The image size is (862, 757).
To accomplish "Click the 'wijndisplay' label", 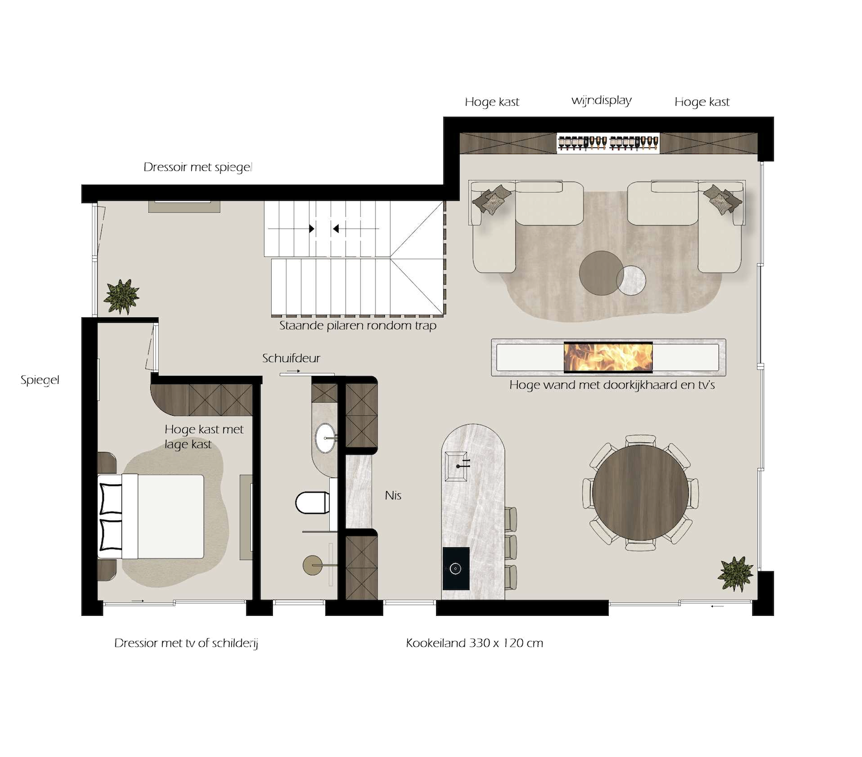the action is point(601,100).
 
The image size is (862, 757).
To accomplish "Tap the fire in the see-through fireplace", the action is point(608,357).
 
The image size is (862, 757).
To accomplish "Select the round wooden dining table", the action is point(640,493).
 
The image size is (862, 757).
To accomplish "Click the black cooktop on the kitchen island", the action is point(456,569).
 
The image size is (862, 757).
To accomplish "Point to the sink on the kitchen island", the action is point(456,466).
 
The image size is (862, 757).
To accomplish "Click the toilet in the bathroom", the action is point(312,503).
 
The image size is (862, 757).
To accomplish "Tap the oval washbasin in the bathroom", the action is point(325,438).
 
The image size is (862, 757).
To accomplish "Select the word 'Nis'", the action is point(393,495).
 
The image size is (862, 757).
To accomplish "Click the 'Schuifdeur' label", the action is point(291,358).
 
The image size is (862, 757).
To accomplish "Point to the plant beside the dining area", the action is point(735,574).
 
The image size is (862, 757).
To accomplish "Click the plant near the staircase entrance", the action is point(122,296).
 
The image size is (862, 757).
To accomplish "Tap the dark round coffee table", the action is point(601,273).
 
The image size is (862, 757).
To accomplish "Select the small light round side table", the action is point(631,280).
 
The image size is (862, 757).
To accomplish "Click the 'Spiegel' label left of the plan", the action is point(39,380).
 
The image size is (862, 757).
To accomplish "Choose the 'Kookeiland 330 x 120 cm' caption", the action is point(474,643).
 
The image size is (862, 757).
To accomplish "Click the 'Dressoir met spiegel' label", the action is point(198,167).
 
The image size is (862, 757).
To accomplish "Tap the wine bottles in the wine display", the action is point(608,142).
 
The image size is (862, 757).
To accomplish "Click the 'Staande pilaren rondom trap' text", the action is point(358,326).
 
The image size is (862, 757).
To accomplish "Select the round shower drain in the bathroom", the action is point(312,565).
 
